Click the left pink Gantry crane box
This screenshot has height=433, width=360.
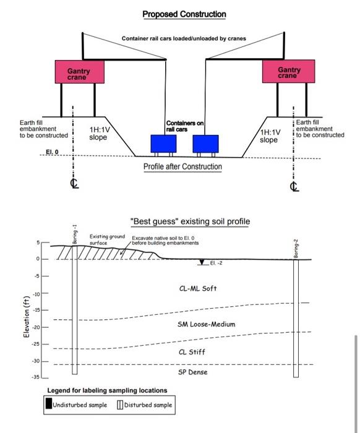[x=80, y=72]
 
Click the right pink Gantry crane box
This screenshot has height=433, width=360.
[x=288, y=71]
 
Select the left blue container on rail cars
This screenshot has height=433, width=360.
[x=163, y=144]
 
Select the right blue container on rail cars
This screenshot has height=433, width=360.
[x=206, y=144]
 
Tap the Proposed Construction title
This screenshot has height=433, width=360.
[x=184, y=14]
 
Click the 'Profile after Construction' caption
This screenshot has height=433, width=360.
[x=182, y=167]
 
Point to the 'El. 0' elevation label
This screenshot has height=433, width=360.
[x=52, y=152]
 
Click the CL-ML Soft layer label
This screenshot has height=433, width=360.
[x=198, y=289]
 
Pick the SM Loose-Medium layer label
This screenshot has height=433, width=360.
[x=207, y=324]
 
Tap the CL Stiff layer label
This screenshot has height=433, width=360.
[x=192, y=352]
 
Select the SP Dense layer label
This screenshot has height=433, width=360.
[x=193, y=372]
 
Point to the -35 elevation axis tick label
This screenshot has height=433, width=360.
[x=36, y=377]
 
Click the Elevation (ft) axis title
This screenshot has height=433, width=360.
[x=27, y=317]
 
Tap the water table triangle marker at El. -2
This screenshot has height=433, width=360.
[x=202, y=262]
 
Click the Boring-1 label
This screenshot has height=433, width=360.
[x=75, y=234]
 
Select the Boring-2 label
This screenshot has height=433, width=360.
[x=296, y=249]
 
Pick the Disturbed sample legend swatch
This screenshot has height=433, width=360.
[x=120, y=405]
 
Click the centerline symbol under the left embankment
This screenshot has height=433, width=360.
[x=74, y=183]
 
